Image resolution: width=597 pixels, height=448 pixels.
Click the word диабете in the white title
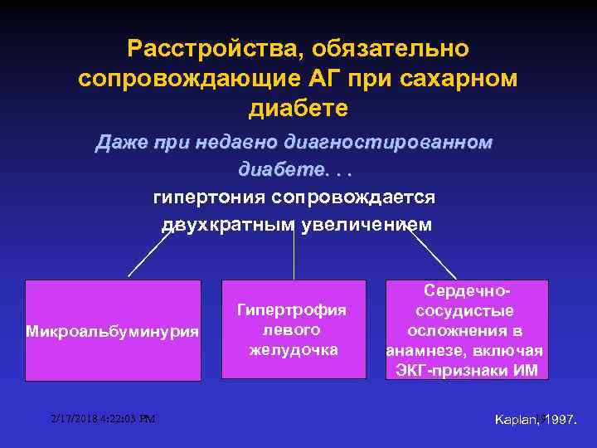[x=298, y=109]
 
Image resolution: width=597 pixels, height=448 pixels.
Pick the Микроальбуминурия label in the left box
[x=113, y=332]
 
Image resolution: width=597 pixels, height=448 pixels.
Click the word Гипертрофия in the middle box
[x=291, y=310]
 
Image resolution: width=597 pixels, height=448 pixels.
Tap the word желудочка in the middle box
[x=294, y=349]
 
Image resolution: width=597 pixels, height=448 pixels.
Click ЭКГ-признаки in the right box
[x=452, y=368]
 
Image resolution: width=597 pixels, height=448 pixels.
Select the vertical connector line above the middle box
[x=294, y=253]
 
